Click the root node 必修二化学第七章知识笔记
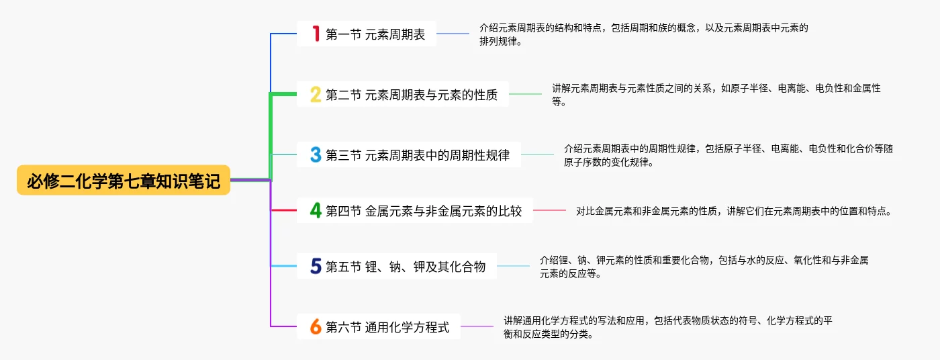coord(124,181)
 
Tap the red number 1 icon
coord(316,34)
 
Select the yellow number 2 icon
coord(316,95)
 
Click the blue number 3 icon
coord(316,155)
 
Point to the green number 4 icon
coord(316,210)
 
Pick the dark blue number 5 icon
coord(316,267)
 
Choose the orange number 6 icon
coord(316,327)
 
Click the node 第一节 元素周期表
coord(375,34)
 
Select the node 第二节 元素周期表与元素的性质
coord(412,95)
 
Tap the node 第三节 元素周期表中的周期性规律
coord(418,155)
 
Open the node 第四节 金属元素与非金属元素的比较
coord(424,210)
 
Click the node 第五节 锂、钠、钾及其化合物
coord(406,267)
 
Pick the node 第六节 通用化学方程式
coord(387,327)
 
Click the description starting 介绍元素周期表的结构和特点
coord(643,34)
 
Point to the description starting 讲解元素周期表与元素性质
coord(716,95)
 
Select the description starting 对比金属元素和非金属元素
coord(733,211)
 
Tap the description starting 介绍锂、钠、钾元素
coord(704,266)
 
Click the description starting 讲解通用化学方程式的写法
coord(668,327)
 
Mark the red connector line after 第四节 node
coord(549,210)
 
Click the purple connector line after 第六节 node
coord(477,326)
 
